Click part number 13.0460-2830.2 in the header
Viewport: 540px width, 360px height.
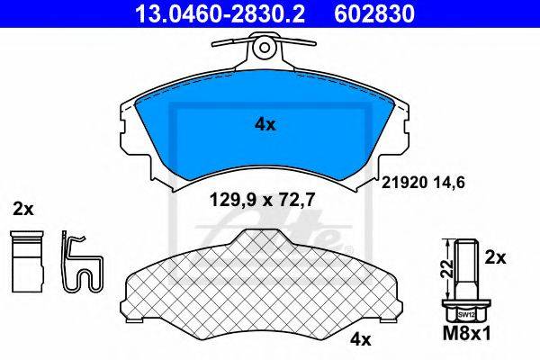(x=220, y=13)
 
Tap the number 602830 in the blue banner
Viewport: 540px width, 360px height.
(x=374, y=13)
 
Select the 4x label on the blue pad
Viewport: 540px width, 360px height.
(x=265, y=125)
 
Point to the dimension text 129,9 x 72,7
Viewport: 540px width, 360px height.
(x=263, y=200)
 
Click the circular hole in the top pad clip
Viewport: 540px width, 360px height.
(x=264, y=47)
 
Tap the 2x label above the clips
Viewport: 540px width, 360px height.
(x=23, y=209)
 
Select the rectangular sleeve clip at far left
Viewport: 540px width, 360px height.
(x=27, y=262)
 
